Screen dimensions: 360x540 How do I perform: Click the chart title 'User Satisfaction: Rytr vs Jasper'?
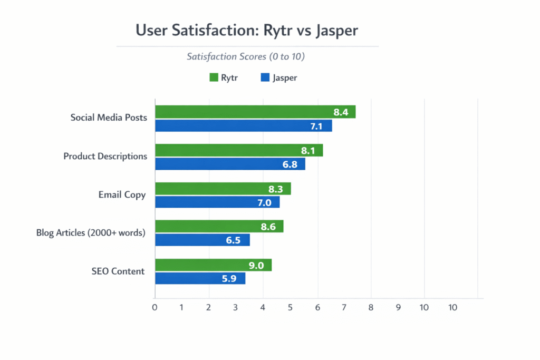tap(247, 30)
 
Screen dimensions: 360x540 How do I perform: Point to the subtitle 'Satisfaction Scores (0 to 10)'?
tap(245, 56)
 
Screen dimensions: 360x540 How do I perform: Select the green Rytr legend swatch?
tap(214, 78)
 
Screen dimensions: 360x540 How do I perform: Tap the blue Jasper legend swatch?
tap(265, 78)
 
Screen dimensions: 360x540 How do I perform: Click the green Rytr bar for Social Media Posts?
tap(255, 112)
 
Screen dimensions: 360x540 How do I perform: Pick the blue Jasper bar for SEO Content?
tap(200, 278)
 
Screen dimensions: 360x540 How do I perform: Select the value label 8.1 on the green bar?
tap(308, 151)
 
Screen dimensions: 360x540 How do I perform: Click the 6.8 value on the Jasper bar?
tap(290, 164)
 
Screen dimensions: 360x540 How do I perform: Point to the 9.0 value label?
tap(256, 266)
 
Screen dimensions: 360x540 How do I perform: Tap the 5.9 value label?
tap(229, 279)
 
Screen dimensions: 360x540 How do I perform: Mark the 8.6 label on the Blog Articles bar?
tap(268, 227)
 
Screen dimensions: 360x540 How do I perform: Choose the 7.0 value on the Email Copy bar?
tap(264, 202)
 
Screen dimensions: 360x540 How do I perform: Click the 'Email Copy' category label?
tap(122, 195)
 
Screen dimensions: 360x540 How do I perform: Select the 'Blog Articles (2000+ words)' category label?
tap(90, 233)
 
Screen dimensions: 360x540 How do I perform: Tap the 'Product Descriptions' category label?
tap(105, 157)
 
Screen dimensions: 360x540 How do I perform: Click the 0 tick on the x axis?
tap(155, 307)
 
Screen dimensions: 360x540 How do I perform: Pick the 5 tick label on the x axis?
tap(290, 307)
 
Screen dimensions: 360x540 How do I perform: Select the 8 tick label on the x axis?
tap(371, 307)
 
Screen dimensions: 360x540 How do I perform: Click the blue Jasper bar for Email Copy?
tap(217, 202)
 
